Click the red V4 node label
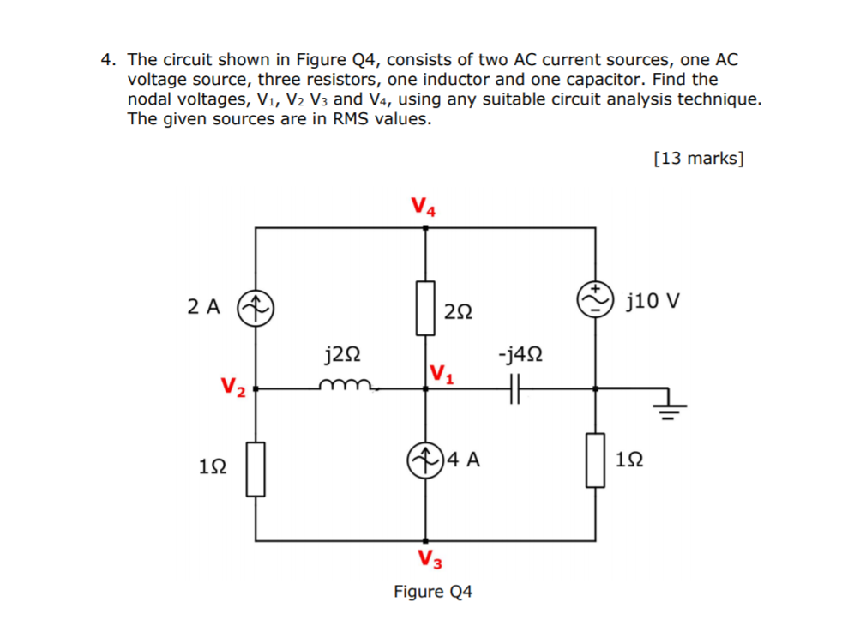tap(423, 207)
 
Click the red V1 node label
tap(442, 373)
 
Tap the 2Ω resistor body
tap(425, 307)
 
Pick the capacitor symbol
tap(513, 388)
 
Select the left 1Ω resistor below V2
tap(255, 468)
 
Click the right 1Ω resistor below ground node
tap(595, 460)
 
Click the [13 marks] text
tap(698, 158)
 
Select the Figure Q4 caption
tap(432, 592)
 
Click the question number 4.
tap(107, 60)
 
